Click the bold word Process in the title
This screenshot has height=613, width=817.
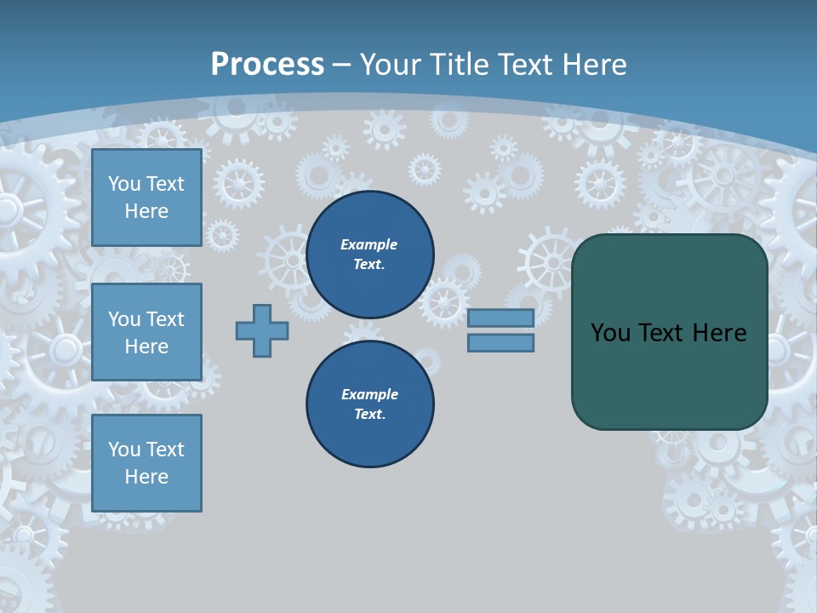tap(267, 65)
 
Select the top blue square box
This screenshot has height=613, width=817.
tap(146, 198)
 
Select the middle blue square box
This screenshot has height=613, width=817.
tap(146, 332)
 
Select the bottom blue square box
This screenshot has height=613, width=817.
tap(146, 463)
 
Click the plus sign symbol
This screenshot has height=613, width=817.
tap(262, 330)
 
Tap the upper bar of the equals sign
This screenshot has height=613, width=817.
tap(500, 318)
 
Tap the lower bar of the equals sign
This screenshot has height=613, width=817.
tap(500, 343)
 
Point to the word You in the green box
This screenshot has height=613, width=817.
tap(609, 333)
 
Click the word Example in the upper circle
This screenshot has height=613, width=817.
tap(369, 244)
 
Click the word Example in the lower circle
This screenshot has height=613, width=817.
tap(369, 394)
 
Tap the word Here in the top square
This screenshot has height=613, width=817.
tap(146, 211)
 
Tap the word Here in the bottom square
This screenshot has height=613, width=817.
tap(146, 477)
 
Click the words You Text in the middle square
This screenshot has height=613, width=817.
tap(146, 319)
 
